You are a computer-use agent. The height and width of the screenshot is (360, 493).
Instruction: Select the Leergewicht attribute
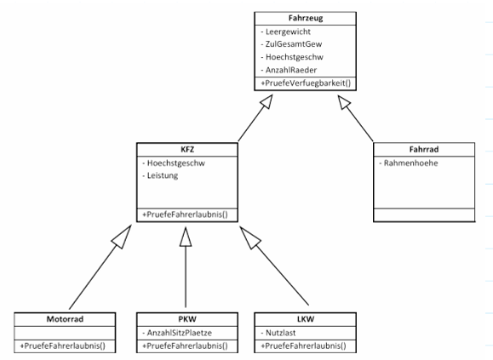pyautogui.click(x=286, y=31)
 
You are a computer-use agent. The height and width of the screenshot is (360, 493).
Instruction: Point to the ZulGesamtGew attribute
pyautogui.click(x=291, y=44)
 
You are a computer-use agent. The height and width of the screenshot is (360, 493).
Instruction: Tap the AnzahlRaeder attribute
pyautogui.click(x=289, y=70)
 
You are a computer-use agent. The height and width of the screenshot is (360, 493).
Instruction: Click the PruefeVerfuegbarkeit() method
pyautogui.click(x=306, y=83)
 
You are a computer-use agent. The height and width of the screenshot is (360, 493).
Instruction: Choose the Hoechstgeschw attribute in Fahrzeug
pyautogui.click(x=292, y=57)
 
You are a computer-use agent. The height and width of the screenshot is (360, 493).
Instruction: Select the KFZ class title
pyautogui.click(x=187, y=149)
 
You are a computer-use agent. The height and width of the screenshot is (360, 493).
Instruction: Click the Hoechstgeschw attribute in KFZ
pyautogui.click(x=174, y=163)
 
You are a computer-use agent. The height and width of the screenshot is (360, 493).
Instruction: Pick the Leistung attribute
pyautogui.click(x=160, y=175)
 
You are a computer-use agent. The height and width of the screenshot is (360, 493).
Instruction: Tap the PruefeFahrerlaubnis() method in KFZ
pyautogui.click(x=185, y=214)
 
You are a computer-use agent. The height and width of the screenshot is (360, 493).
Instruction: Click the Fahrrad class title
pyautogui.click(x=424, y=149)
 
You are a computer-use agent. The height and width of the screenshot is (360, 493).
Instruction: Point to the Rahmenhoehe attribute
pyautogui.click(x=409, y=163)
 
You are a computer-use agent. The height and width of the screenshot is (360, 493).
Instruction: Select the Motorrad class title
pyautogui.click(x=65, y=319)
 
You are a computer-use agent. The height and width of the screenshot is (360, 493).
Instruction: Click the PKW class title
pyautogui.click(x=187, y=319)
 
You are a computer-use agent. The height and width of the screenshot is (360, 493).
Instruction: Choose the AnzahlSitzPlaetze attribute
pyautogui.click(x=177, y=333)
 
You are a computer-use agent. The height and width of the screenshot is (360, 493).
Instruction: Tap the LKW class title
pyautogui.click(x=306, y=319)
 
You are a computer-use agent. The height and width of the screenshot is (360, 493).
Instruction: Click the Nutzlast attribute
pyautogui.click(x=278, y=333)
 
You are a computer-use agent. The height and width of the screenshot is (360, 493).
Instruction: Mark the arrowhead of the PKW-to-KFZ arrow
pyautogui.click(x=186, y=237)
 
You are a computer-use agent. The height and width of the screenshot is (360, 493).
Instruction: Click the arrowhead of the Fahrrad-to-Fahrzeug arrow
pyautogui.click(x=344, y=102)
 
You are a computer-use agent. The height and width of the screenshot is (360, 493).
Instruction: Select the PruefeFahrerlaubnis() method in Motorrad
pyautogui.click(x=62, y=346)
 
